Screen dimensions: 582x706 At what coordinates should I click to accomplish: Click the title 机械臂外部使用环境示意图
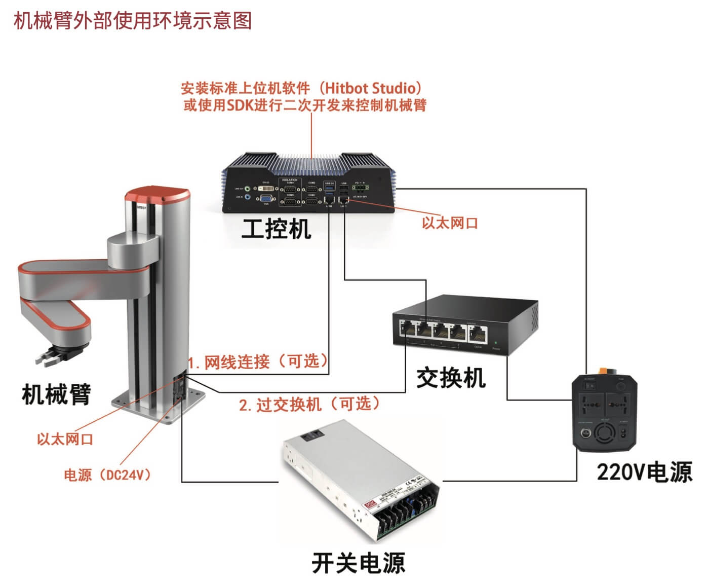133,21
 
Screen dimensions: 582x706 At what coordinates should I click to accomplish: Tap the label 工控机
276,229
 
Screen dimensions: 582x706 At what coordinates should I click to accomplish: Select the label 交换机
450,378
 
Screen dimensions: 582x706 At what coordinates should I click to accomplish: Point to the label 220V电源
644,472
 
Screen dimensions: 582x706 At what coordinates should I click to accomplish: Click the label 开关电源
358,563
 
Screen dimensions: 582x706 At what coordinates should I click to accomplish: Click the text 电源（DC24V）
107,475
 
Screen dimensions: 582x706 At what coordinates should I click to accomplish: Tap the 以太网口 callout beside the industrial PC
450,223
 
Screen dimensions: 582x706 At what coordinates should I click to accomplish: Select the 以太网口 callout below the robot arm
65,439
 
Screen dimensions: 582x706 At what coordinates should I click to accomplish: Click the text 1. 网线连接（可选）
258,361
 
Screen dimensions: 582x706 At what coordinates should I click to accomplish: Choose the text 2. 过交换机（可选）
309,404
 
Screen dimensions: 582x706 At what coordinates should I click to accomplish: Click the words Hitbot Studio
370,88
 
